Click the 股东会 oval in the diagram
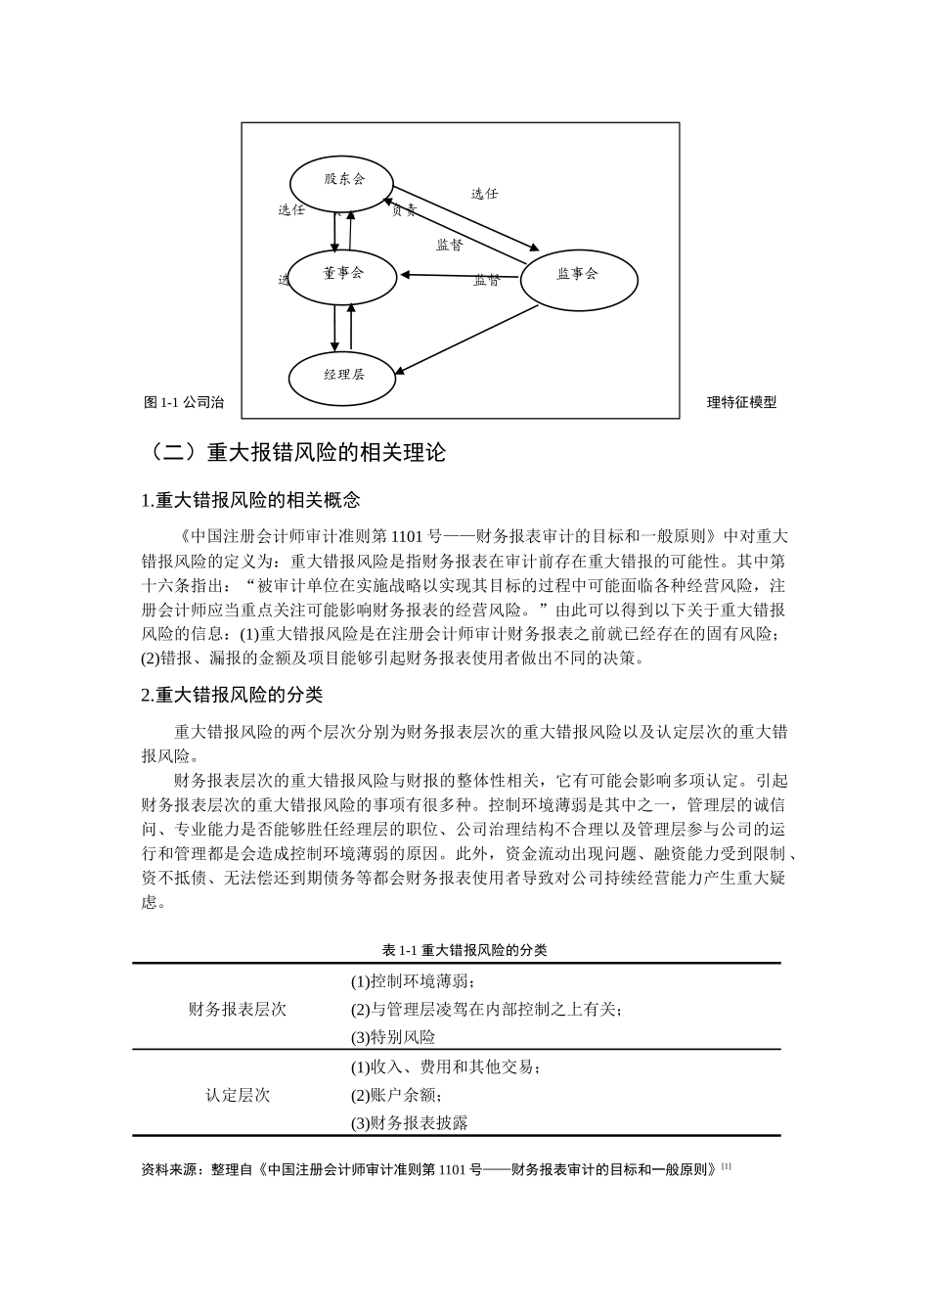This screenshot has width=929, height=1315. pyautogui.click(x=341, y=181)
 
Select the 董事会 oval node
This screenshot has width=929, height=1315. pyautogui.click(x=343, y=275)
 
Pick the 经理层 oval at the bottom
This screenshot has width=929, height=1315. pyautogui.click(x=343, y=375)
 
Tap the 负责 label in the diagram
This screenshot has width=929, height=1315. pyautogui.click(x=403, y=210)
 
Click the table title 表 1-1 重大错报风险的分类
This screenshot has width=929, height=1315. pyautogui.click(x=464, y=950)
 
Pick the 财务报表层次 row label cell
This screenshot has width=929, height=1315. pyautogui.click(x=238, y=1010)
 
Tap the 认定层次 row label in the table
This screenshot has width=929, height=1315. pyautogui.click(x=238, y=1095)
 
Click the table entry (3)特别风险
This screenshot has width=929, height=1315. pyautogui.click(x=393, y=1037)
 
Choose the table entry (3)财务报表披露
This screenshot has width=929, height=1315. pyautogui.click(x=410, y=1123)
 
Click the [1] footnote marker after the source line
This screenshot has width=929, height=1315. pyautogui.click(x=727, y=1166)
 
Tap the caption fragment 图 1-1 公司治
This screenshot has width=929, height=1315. pyautogui.click(x=184, y=402)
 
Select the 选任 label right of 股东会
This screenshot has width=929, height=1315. pyautogui.click(x=484, y=194)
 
